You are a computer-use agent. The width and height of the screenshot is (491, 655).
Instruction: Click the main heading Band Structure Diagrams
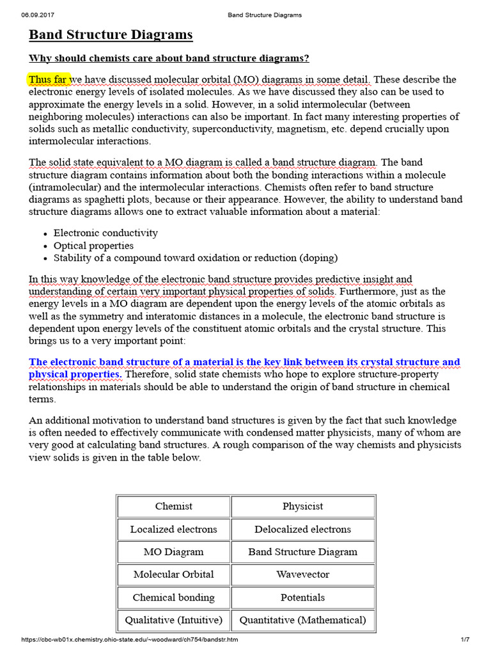click(x=111, y=35)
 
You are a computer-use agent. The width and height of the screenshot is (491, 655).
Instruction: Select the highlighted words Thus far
click(x=48, y=79)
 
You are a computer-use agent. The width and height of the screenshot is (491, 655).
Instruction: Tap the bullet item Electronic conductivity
click(x=105, y=233)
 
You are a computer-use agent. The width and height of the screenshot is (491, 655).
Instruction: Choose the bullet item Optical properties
click(x=93, y=246)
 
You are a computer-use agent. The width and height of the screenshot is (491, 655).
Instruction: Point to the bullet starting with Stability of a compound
click(x=196, y=258)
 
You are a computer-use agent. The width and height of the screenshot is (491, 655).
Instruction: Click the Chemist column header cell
click(x=173, y=507)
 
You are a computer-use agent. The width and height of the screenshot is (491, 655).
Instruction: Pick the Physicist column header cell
click(x=302, y=507)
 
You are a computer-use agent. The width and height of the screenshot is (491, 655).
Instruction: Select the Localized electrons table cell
click(x=173, y=529)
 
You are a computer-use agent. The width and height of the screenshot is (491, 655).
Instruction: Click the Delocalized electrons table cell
click(x=302, y=529)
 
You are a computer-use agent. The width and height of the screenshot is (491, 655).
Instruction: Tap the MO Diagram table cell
click(x=173, y=551)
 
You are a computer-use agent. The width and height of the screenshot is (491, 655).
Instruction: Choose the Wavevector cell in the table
click(x=302, y=574)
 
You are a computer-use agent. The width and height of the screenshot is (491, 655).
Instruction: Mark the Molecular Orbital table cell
click(x=173, y=574)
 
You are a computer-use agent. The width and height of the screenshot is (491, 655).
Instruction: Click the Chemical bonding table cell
click(x=173, y=597)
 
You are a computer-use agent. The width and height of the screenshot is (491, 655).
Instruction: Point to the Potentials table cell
click(x=302, y=597)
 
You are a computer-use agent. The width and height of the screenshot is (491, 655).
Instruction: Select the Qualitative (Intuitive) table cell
click(x=173, y=620)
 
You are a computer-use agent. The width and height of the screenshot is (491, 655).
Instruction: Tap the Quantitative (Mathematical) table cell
click(x=302, y=620)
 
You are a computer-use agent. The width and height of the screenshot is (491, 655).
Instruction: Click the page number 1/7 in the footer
click(x=465, y=640)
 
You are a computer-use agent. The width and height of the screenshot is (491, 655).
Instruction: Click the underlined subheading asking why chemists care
click(x=169, y=58)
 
